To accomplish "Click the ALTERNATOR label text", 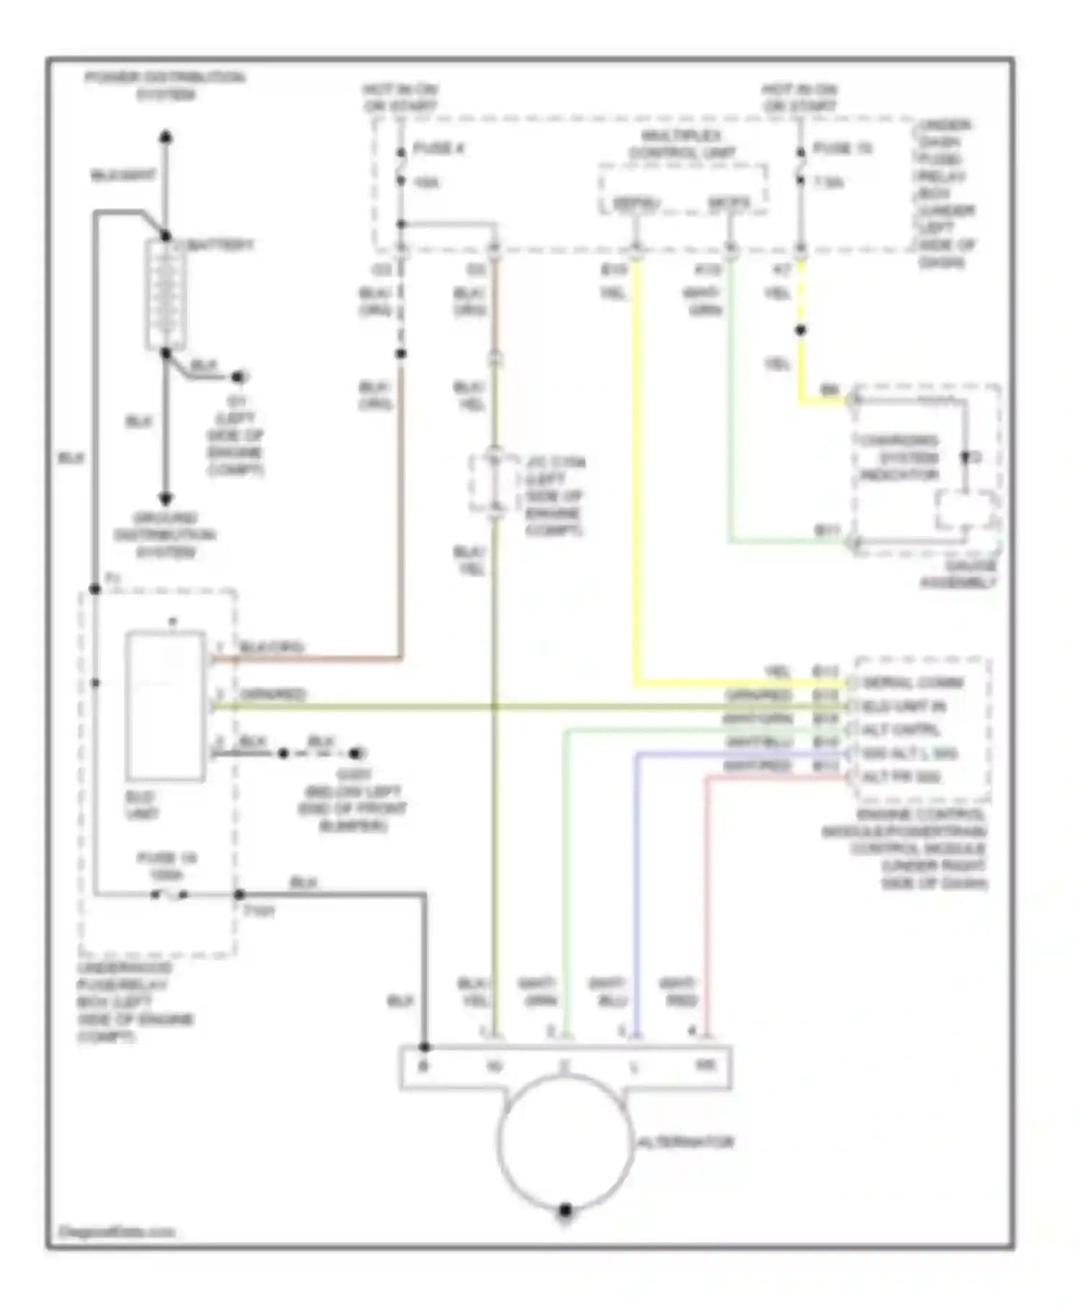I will tap(685, 1142).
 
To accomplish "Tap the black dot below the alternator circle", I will tap(565, 1210).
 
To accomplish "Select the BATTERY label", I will tap(220, 245).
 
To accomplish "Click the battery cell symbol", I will tap(166, 295).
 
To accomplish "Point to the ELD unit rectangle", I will tap(165, 706).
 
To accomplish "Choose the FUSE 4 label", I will tap(438, 149).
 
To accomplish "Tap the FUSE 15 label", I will tap(842, 149).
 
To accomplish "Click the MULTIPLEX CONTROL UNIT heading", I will tap(682, 144).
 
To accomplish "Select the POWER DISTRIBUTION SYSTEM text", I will tap(166, 86).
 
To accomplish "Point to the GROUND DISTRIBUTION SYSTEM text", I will tap(165, 535).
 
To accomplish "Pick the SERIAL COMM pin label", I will tap(912, 682).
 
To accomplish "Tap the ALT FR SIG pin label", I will tap(901, 777).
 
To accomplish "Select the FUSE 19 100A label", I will tap(166, 866).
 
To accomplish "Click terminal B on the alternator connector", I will tap(424, 1066).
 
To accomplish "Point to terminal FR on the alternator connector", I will tap(706, 1065).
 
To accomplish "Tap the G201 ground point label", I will tap(353, 775).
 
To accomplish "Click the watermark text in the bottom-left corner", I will tap(116, 1232).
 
